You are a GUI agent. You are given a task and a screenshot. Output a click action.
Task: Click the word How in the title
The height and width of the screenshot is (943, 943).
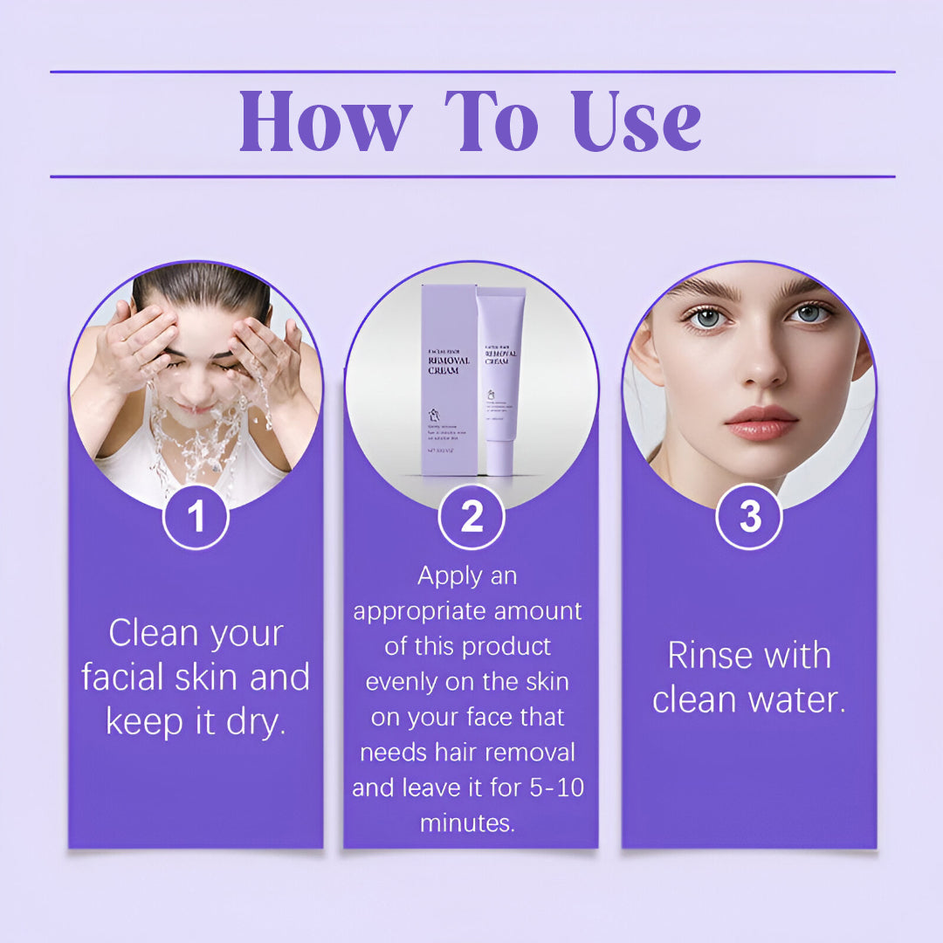coord(325,122)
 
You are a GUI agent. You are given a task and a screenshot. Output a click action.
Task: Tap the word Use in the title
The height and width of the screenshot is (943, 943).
coord(637,122)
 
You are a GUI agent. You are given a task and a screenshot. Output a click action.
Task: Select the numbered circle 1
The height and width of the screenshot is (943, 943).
coord(196,516)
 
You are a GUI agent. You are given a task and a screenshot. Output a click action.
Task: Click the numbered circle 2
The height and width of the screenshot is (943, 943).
coord(471,516)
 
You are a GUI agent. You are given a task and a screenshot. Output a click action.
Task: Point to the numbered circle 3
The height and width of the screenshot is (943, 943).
coord(749,516)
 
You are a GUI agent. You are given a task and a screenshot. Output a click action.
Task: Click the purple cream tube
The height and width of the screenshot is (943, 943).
coord(500,380)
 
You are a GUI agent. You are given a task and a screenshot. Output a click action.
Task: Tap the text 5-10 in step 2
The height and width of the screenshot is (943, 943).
coord(554,788)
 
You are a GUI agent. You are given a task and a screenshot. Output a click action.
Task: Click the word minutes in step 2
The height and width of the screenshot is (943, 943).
coord(467,823)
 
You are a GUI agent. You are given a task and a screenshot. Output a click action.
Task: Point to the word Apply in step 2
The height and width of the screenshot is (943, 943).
coord(450,576)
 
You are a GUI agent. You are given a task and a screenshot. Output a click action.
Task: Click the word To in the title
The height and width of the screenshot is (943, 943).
coord(490,122)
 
